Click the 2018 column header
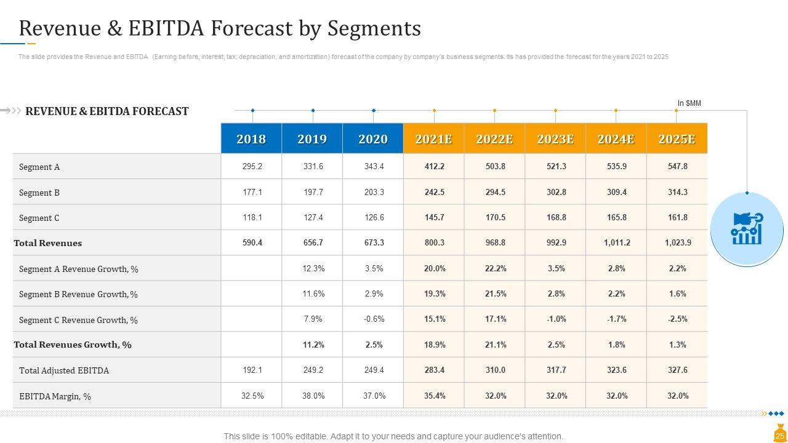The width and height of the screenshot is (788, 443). coord(251,138)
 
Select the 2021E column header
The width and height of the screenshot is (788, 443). coord(433,138)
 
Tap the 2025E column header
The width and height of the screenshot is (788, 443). coord(677,138)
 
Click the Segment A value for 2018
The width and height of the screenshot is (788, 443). coord(252,167)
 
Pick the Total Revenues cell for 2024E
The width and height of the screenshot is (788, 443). coord(617,243)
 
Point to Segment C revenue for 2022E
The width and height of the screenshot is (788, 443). coord(495,218)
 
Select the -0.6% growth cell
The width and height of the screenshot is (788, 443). coord(374,319)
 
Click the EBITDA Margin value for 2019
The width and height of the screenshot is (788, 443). coord(313,396)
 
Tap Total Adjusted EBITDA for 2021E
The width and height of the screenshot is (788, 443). coord(434,370)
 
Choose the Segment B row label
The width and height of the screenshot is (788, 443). coord(39,193)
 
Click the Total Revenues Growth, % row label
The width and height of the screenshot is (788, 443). coord(73,345)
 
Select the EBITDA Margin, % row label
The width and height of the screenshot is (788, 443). coord(55,397)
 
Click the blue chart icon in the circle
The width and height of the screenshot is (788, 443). coord(747,229)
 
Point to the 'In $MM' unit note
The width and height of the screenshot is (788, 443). coord(689,103)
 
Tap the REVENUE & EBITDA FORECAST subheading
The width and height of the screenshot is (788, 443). coord(107,111)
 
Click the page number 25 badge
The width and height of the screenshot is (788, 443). coord(779,436)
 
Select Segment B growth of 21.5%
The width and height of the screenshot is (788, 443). coord(495,294)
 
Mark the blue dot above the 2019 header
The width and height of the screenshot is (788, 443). coord(313,111)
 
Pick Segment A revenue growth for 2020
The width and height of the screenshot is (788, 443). coord(374,269)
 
